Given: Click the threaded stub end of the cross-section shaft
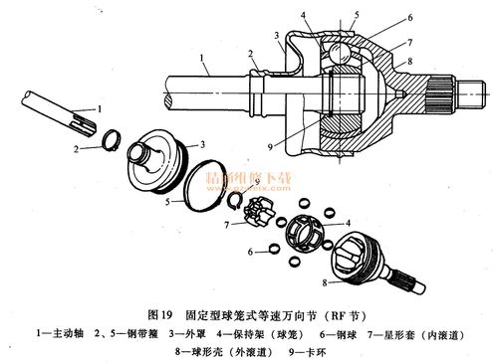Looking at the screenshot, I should pos(469,95).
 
